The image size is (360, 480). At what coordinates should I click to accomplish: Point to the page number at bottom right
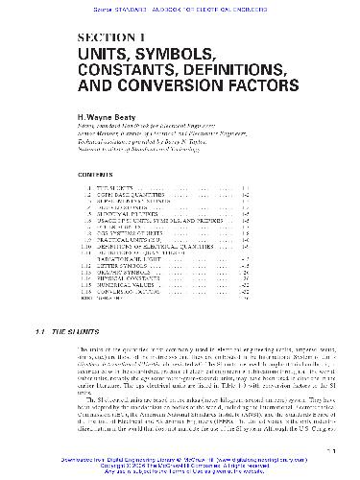327,447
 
